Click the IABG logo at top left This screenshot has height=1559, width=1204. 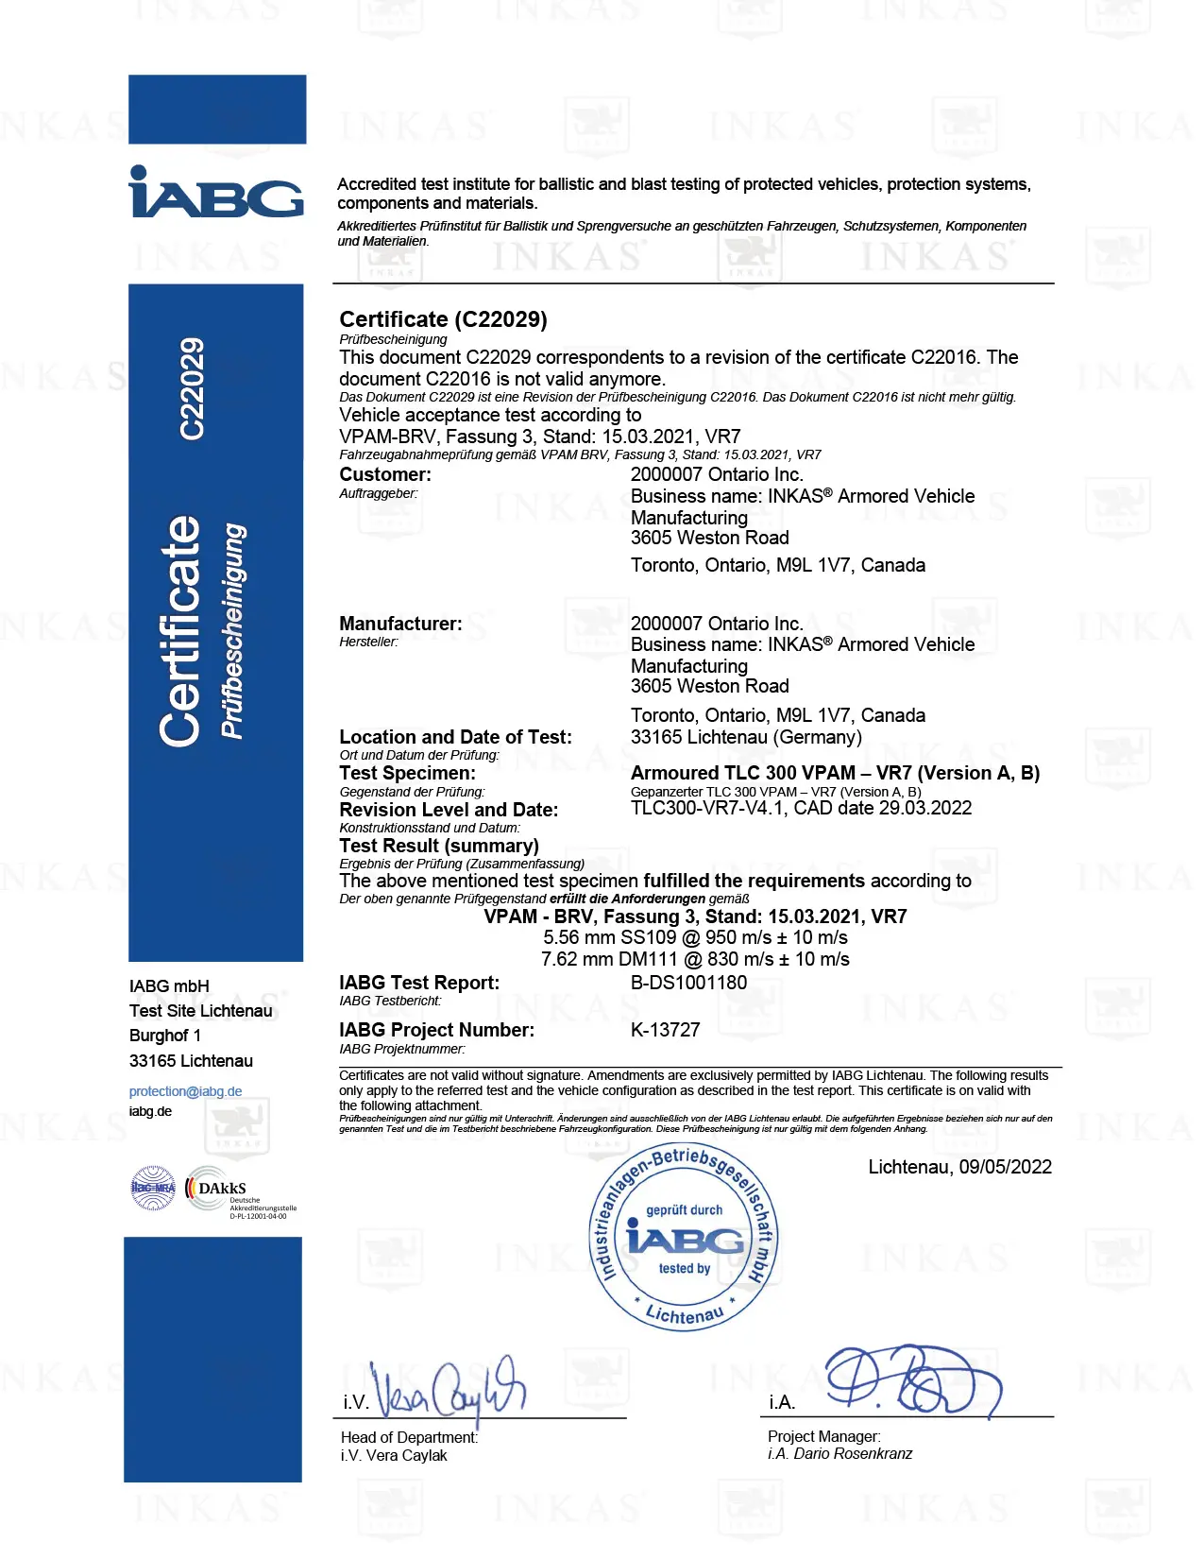216,192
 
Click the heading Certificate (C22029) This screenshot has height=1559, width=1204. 443,319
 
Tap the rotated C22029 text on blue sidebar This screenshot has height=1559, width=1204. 192,388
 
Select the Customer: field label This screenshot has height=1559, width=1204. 385,474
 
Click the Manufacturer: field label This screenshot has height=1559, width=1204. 400,624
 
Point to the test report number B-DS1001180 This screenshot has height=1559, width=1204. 688,983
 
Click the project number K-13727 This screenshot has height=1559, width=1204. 665,1030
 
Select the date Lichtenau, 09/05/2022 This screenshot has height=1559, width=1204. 959,1167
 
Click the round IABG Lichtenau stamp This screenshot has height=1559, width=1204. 684,1238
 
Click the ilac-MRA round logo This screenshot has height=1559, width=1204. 153,1189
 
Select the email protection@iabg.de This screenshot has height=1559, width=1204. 185,1091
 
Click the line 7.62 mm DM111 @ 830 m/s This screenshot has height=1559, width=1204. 695,960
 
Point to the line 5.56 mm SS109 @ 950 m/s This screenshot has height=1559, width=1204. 695,938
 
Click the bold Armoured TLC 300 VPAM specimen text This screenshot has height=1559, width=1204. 835,774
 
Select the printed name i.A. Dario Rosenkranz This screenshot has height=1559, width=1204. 839,1454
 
